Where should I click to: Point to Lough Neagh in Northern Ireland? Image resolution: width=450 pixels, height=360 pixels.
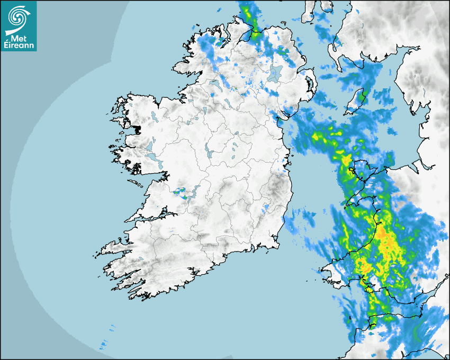tap(275, 74)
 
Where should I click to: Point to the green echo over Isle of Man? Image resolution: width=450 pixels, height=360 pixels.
tap(362, 96)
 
